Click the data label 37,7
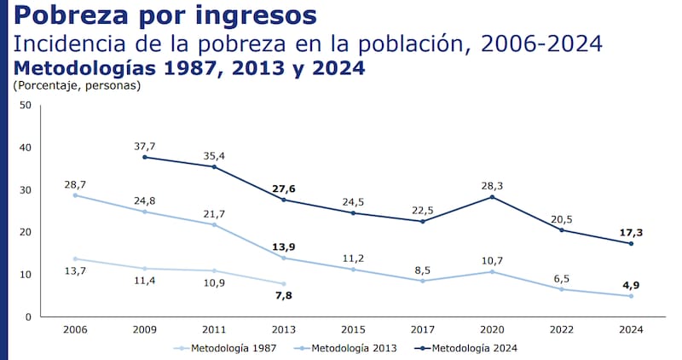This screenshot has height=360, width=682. click(145, 145)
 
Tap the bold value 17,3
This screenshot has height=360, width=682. click(631, 231)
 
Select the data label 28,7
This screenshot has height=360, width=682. click(76, 183)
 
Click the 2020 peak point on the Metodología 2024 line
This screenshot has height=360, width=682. click(492, 197)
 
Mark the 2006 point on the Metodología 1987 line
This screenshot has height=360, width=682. click(76, 258)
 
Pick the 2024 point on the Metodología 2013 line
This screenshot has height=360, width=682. click(631, 296)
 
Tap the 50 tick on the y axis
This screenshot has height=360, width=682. click(25, 106)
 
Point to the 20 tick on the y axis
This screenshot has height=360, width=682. click(25, 232)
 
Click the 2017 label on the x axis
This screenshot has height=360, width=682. click(423, 328)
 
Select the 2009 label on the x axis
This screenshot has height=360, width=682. click(145, 328)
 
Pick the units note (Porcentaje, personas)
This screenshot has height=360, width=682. click(77, 84)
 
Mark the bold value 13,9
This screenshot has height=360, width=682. click(284, 246)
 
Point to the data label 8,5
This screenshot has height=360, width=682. click(423, 269)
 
